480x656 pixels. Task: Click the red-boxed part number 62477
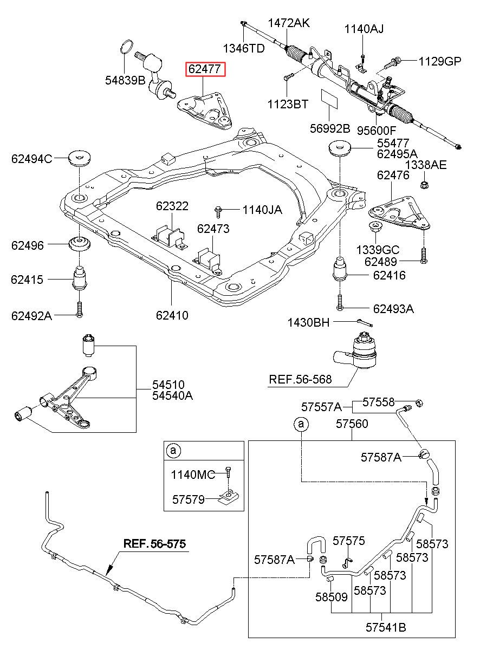tap(205, 69)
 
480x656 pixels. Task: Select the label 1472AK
tap(289, 23)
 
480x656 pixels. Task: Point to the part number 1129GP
tap(439, 62)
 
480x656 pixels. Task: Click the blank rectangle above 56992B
tap(329, 98)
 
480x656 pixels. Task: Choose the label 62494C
tap(31, 159)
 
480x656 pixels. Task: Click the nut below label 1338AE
tap(424, 185)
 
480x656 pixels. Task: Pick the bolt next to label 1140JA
tap(218, 212)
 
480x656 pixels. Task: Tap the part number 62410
tap(172, 315)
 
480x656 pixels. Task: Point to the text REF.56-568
tap(300, 380)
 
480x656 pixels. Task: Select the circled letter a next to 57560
tap(301, 424)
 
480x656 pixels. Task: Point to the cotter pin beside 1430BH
tap(365, 322)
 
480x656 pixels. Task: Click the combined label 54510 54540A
tap(172, 390)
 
